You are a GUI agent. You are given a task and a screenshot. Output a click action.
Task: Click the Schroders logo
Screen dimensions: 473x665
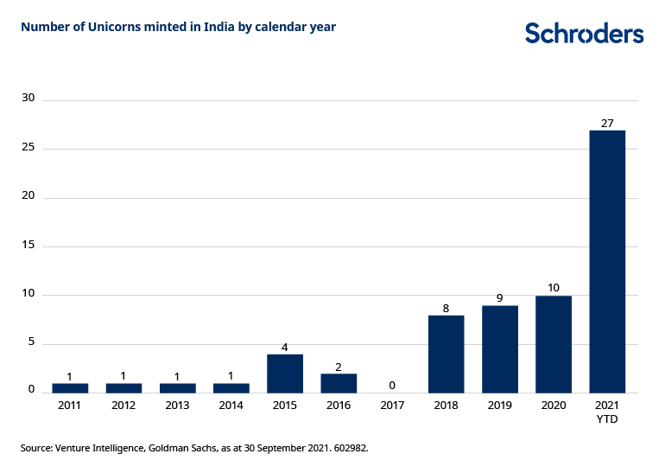584,34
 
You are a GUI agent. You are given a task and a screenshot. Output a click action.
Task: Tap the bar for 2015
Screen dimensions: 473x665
285,374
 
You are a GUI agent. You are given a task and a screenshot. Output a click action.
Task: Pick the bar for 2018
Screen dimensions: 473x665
446,354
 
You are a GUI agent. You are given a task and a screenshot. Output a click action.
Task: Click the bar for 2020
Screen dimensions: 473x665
554,344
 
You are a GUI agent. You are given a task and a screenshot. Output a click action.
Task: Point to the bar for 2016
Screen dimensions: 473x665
339,383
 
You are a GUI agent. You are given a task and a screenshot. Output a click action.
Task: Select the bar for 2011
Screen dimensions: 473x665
70,387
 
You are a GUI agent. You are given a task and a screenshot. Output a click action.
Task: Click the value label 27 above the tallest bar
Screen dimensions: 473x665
607,124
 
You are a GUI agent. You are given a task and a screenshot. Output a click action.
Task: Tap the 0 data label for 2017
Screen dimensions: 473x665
392,386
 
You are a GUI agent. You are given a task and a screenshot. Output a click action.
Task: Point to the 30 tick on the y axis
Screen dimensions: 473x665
28,99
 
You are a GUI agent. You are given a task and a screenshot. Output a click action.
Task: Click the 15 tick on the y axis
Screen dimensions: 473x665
28,245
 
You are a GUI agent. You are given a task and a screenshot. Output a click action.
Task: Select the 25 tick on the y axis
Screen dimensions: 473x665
28,148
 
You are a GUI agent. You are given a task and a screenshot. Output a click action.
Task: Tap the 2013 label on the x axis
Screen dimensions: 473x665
177,405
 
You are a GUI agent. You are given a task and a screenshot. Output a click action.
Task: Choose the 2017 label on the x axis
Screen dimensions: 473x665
392,405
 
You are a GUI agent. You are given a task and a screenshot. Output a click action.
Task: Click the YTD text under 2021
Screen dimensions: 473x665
607,419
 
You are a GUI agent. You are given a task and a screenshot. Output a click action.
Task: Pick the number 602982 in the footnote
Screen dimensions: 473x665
346,449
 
